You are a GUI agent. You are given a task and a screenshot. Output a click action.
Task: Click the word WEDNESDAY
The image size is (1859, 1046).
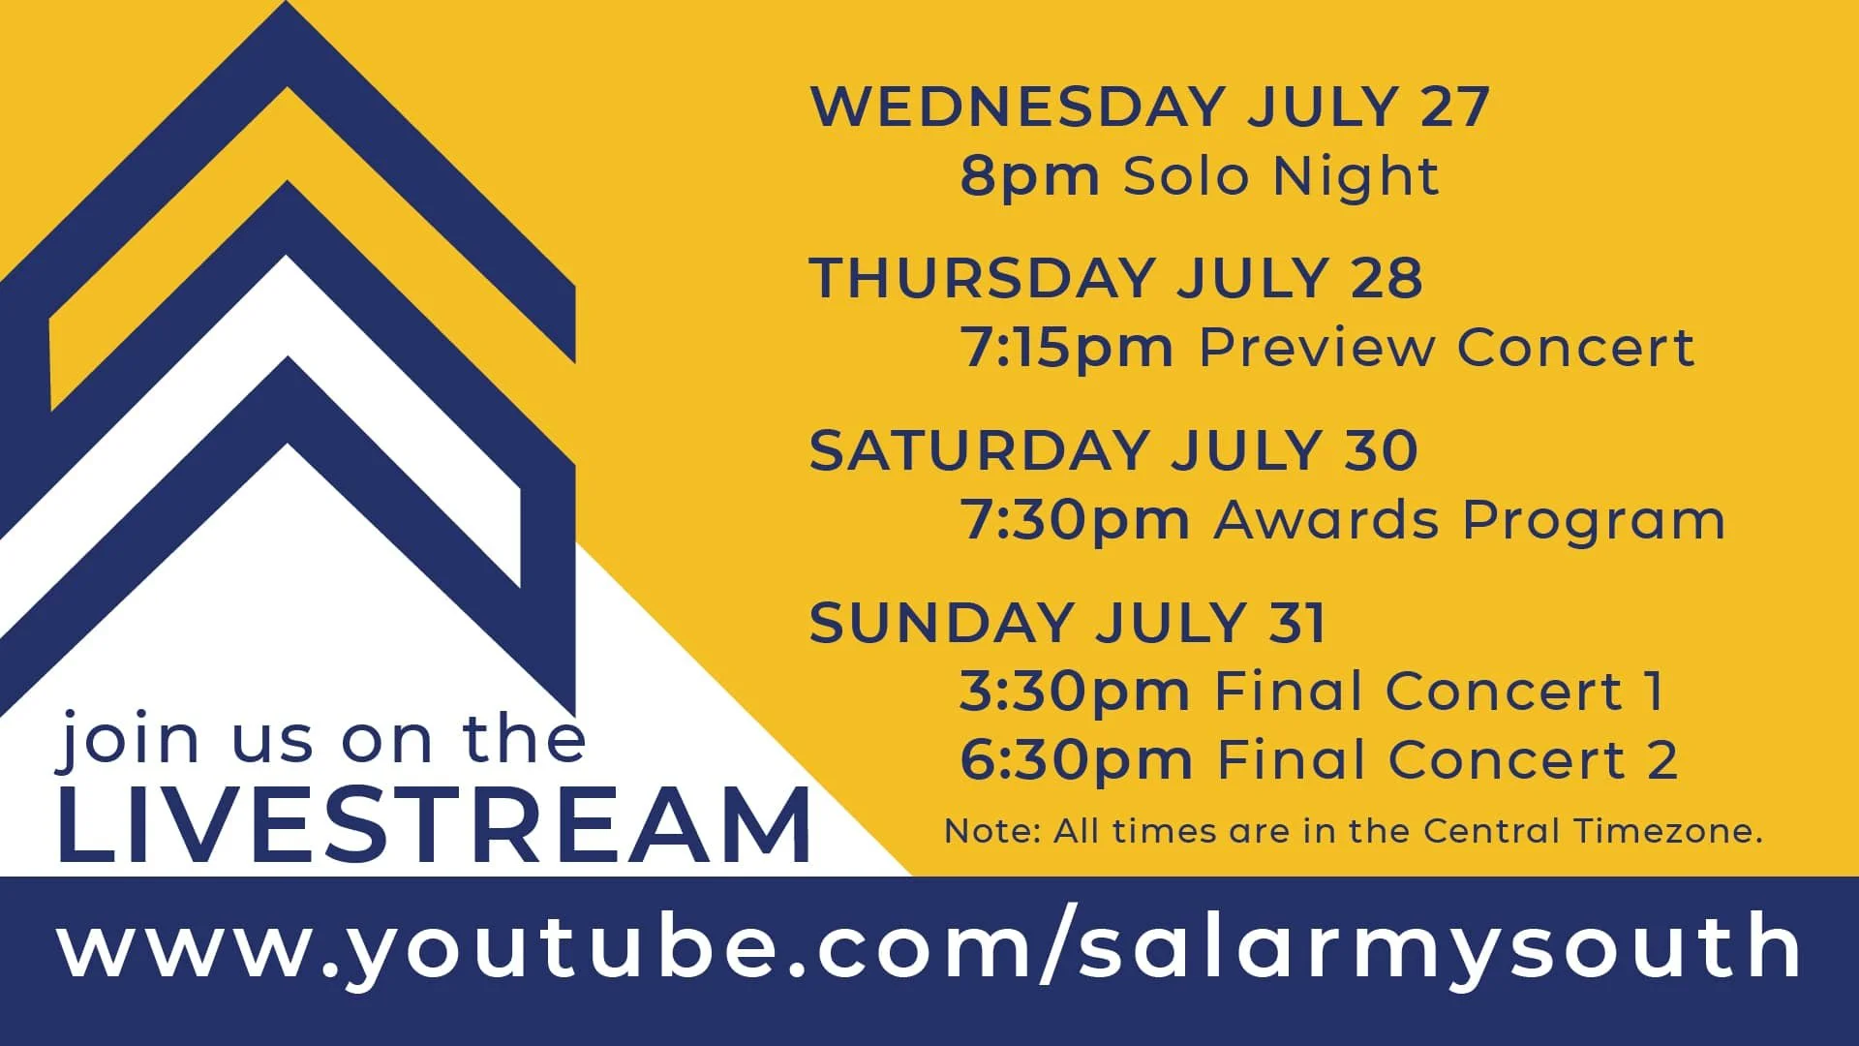click(x=1017, y=107)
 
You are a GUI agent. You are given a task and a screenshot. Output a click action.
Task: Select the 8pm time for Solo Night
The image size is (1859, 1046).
click(x=1029, y=177)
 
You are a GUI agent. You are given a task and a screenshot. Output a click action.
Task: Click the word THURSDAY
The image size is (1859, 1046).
click(x=980, y=279)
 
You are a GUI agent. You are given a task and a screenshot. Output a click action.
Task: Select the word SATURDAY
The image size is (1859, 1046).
click(x=978, y=451)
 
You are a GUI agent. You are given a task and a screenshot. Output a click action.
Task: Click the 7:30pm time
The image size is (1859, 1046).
click(x=1074, y=521)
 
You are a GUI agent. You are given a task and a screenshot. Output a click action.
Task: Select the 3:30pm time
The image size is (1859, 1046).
click(x=1074, y=692)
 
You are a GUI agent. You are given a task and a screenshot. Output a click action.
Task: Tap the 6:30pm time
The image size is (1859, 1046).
click(x=1075, y=760)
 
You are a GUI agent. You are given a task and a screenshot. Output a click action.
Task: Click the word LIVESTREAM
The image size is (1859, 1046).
click(x=433, y=826)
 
